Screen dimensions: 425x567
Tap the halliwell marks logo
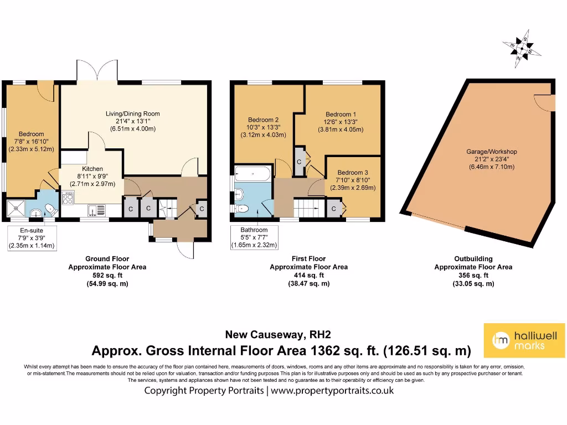pyautogui.click(x=525, y=340)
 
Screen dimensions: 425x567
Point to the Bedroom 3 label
pyautogui.click(x=353, y=172)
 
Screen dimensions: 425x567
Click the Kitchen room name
pyautogui.click(x=92, y=169)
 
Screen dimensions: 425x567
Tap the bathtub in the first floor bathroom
pyautogui.click(x=252, y=174)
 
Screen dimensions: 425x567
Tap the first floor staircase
pyautogui.click(x=306, y=208)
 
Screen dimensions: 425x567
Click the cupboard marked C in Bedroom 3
pyautogui.click(x=334, y=209)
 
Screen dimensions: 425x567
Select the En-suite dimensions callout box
pyautogui.click(x=31, y=239)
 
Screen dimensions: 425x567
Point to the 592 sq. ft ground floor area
pyautogui.click(x=107, y=275)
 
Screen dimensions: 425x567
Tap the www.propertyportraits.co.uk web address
pyautogui.click(x=332, y=390)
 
